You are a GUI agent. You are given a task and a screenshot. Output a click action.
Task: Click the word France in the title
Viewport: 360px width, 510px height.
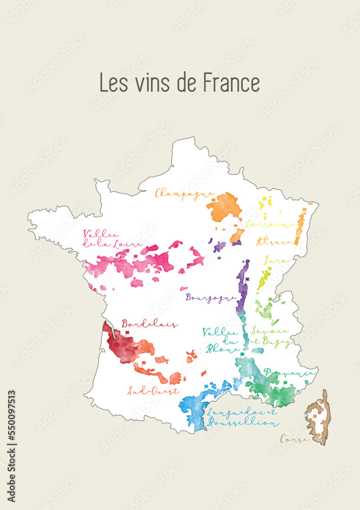pyautogui.click(x=232, y=83)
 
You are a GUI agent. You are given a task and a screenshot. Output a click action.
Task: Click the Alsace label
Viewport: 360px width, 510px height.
pyautogui.click(x=274, y=240)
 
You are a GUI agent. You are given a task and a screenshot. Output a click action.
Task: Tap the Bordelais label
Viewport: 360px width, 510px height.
pyautogui.click(x=149, y=324)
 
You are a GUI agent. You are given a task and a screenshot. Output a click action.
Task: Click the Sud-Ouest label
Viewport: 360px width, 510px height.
pyautogui.click(x=153, y=391)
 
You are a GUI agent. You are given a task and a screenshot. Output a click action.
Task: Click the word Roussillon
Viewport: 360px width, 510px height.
pyautogui.click(x=242, y=423)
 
